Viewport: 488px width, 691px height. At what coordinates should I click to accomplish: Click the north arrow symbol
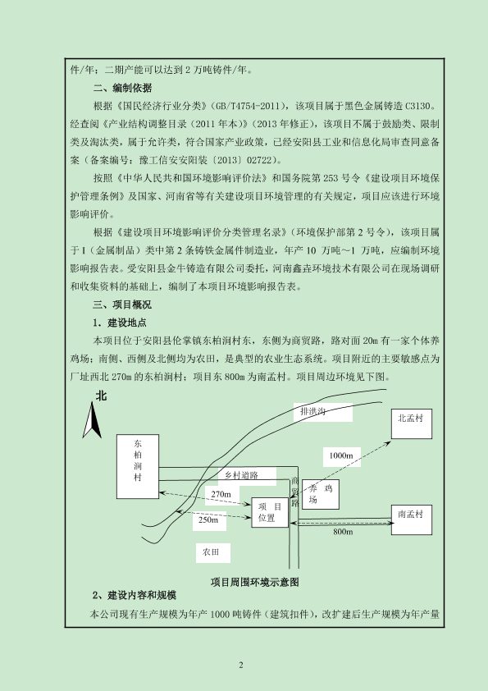point(92,420)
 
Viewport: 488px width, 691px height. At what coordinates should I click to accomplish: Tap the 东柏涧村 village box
point(138,466)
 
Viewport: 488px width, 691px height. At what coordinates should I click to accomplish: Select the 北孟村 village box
point(412,423)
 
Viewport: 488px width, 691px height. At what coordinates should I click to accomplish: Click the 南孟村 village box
point(412,520)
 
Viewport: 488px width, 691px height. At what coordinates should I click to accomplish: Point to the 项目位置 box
point(270,512)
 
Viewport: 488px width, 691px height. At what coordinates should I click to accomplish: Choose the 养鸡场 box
point(321,494)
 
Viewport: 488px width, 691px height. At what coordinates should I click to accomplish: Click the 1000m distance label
point(341,455)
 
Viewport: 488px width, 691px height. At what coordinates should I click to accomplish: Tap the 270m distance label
point(221,495)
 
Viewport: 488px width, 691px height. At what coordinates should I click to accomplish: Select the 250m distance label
point(208,520)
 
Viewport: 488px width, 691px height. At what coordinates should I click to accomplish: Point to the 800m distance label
point(343,532)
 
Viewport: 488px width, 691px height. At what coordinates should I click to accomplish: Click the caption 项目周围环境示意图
point(254,583)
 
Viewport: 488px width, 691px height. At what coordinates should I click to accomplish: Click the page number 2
point(241,666)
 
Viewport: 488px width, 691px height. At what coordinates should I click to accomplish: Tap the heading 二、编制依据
point(122,88)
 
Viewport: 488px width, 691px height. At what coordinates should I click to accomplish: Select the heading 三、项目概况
point(122,305)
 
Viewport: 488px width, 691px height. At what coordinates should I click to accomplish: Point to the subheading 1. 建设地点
point(120,323)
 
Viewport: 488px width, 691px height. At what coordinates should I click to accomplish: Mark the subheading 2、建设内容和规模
point(135,596)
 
